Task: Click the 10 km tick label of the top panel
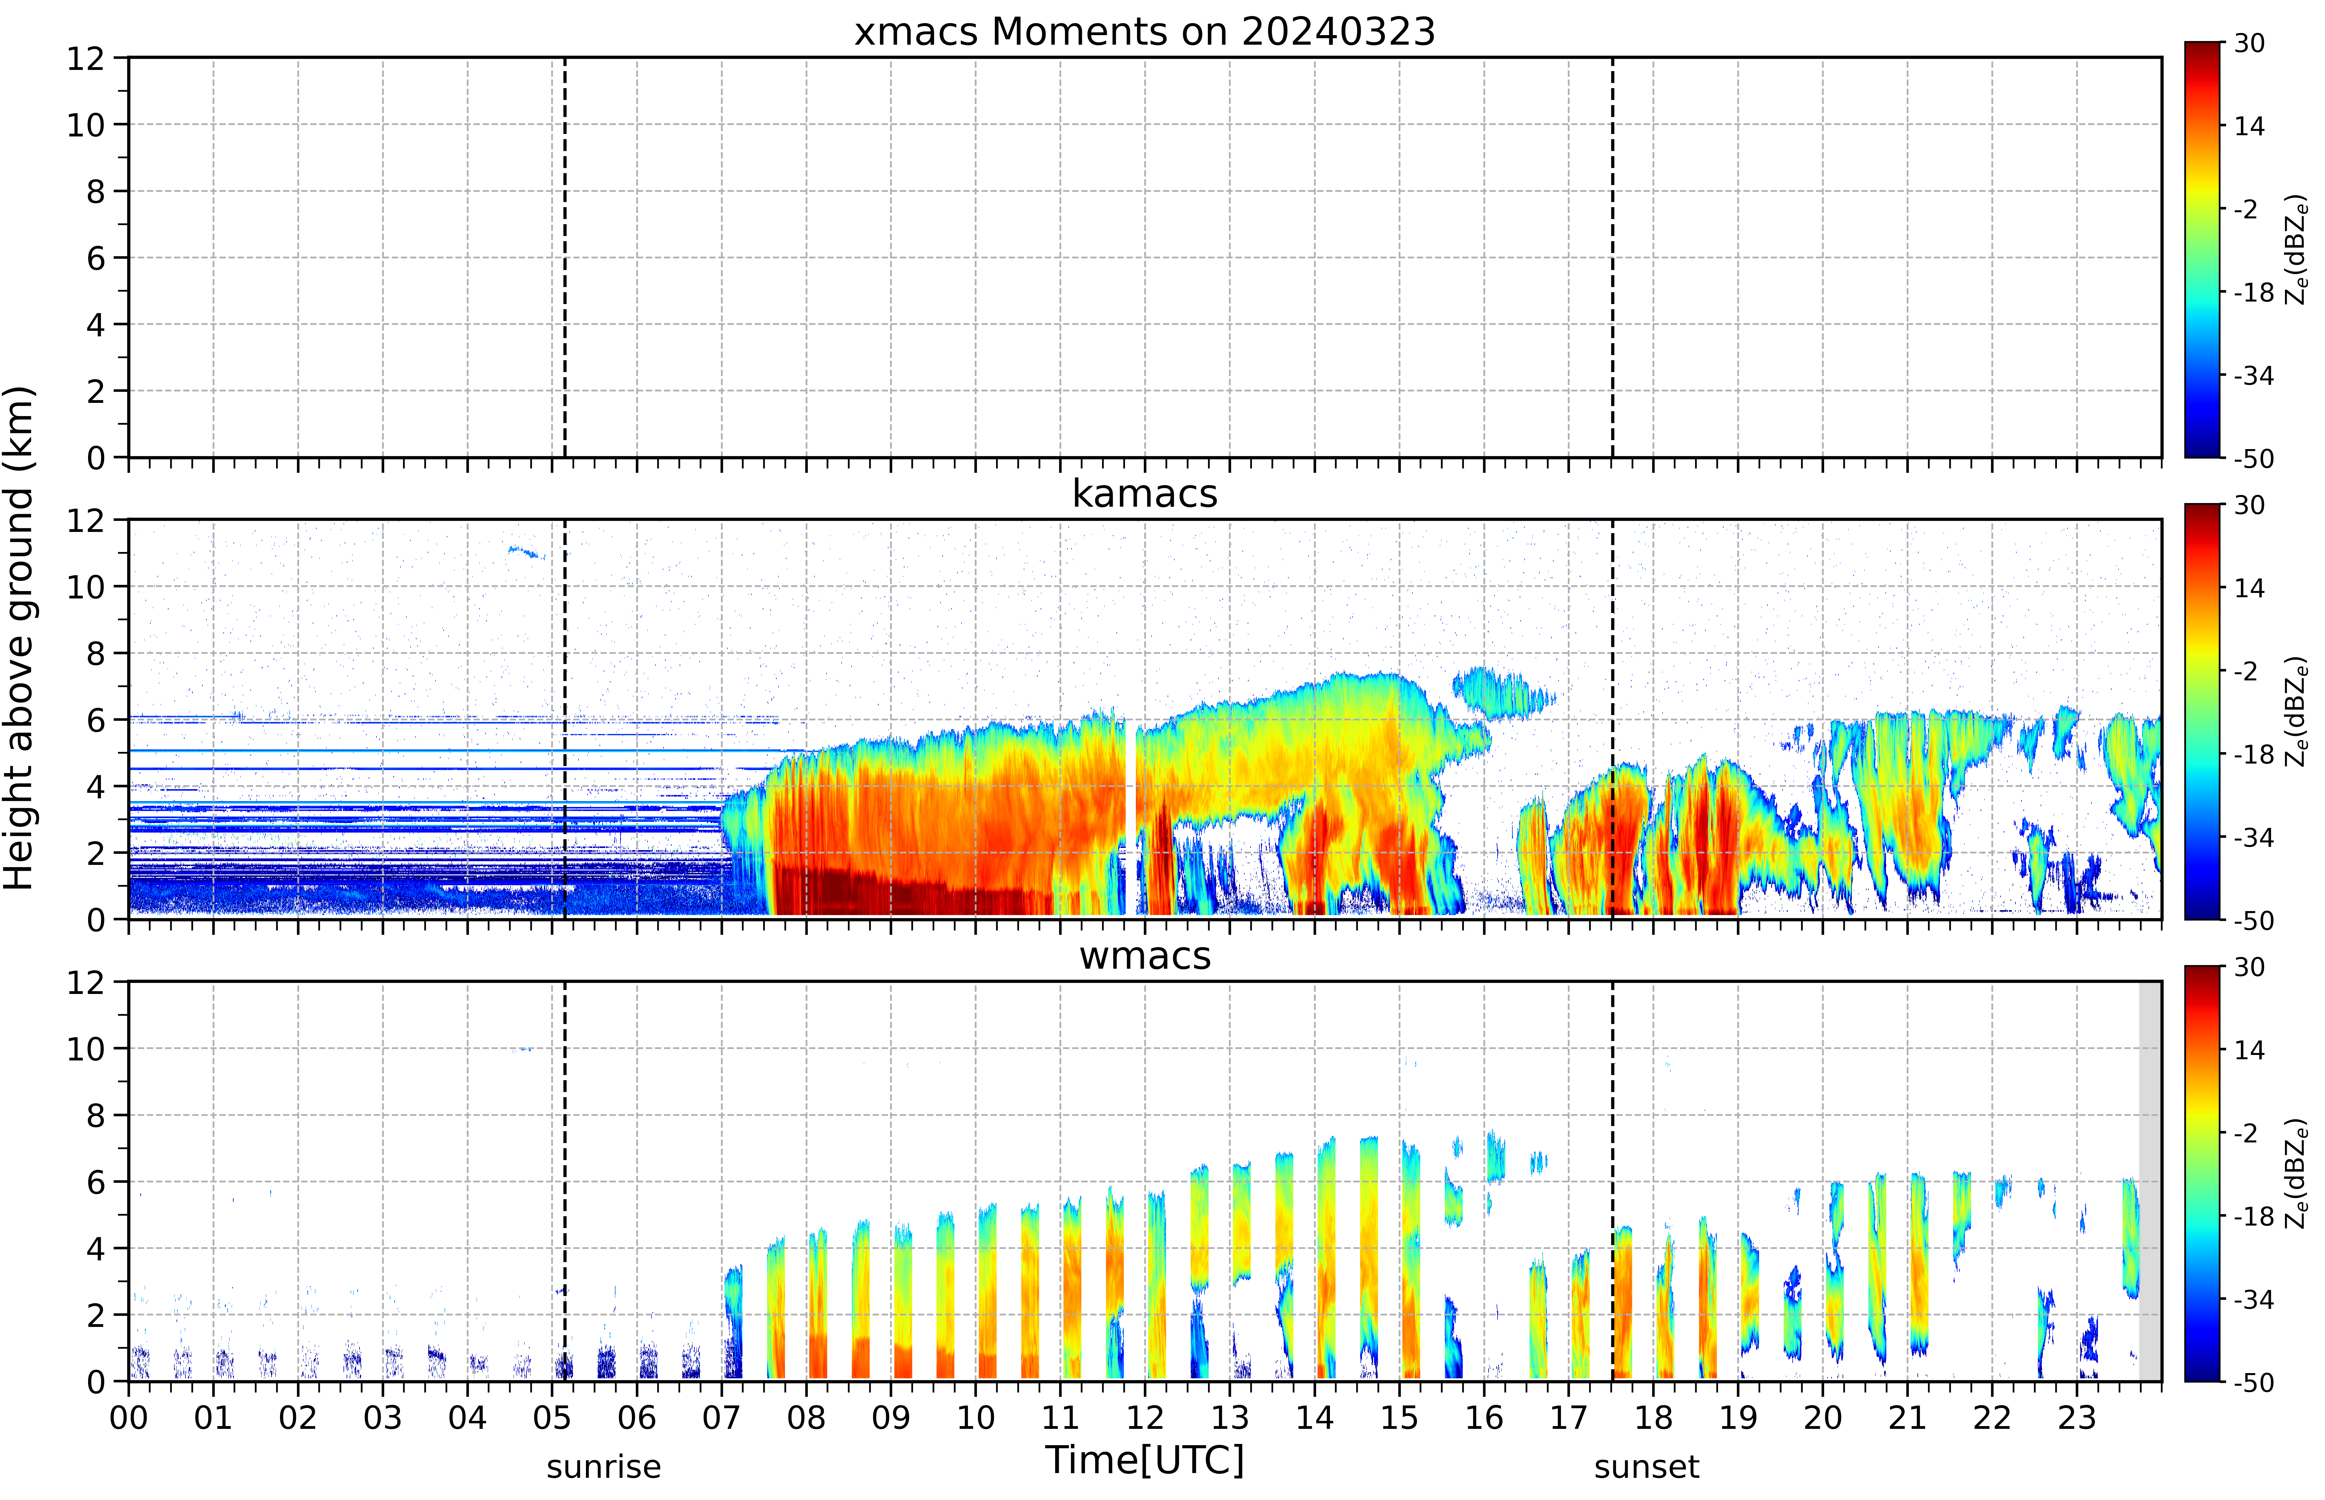[86, 125]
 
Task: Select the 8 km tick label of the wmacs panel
[96, 1115]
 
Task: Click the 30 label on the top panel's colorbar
[2249, 44]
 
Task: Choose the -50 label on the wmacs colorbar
[2253, 1382]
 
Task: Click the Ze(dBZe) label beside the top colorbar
[2297, 250]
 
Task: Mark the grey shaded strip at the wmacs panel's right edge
[2150, 1181]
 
